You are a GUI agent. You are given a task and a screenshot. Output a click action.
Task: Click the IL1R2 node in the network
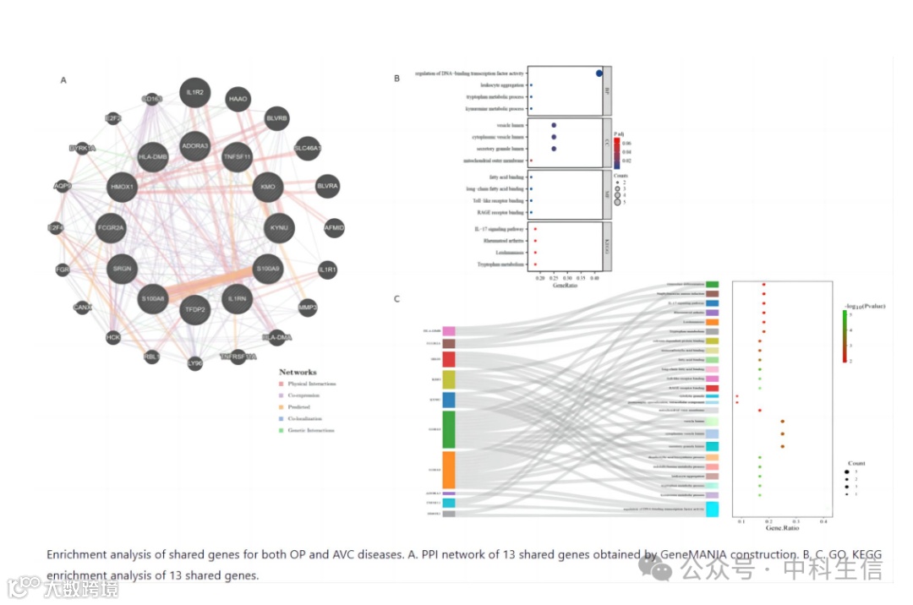(x=196, y=92)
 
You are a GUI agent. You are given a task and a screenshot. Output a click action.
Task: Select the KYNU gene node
(x=279, y=228)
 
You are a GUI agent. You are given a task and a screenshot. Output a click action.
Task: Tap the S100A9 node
(x=268, y=270)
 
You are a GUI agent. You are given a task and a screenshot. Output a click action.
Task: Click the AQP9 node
(x=63, y=186)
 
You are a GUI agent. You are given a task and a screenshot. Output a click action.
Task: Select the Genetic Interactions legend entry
(x=311, y=430)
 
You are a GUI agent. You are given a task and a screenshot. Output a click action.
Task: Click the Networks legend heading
(x=298, y=372)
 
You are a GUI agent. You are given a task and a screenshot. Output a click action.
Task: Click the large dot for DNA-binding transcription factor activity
(x=599, y=74)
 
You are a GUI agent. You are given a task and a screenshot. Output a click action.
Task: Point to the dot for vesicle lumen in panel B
(x=554, y=125)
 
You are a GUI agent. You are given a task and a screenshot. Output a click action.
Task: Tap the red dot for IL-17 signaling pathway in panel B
(x=535, y=229)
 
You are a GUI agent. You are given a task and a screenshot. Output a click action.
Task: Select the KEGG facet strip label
(x=607, y=247)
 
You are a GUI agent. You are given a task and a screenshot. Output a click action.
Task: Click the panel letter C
(x=396, y=299)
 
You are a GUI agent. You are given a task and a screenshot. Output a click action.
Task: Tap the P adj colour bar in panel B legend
(x=616, y=150)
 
